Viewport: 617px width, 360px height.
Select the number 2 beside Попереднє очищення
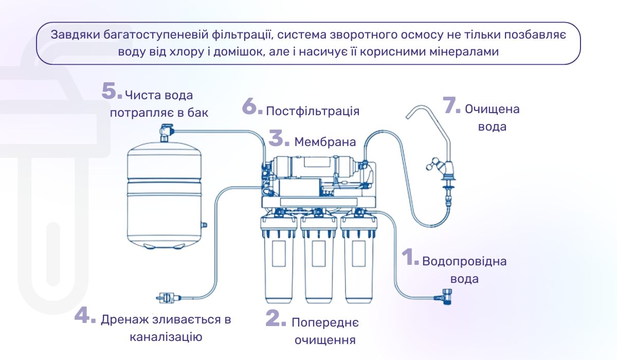point(275,318)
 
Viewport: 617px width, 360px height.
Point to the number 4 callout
point(84,316)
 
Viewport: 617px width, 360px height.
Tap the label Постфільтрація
point(313,111)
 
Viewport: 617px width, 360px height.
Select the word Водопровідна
point(464,261)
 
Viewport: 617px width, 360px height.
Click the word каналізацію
point(166,337)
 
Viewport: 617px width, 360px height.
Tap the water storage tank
point(164,195)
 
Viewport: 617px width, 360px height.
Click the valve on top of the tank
point(165,132)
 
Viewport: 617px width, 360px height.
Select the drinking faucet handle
point(431,167)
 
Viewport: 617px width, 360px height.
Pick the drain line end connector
point(167,297)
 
